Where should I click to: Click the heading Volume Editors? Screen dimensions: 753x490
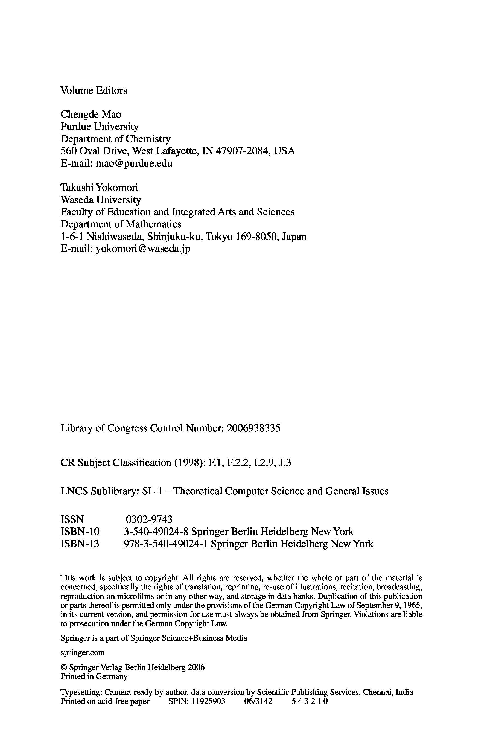94,91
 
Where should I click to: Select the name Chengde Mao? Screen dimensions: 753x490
91,114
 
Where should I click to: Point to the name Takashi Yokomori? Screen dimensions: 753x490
99,188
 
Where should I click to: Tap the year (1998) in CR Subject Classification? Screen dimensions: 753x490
188,463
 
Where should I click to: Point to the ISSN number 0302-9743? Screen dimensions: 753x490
149,519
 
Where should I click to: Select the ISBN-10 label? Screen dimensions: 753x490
80,532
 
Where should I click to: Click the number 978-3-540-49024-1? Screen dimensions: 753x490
165,544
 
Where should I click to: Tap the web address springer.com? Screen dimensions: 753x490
83,652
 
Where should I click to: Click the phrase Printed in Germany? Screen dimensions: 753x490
94,676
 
